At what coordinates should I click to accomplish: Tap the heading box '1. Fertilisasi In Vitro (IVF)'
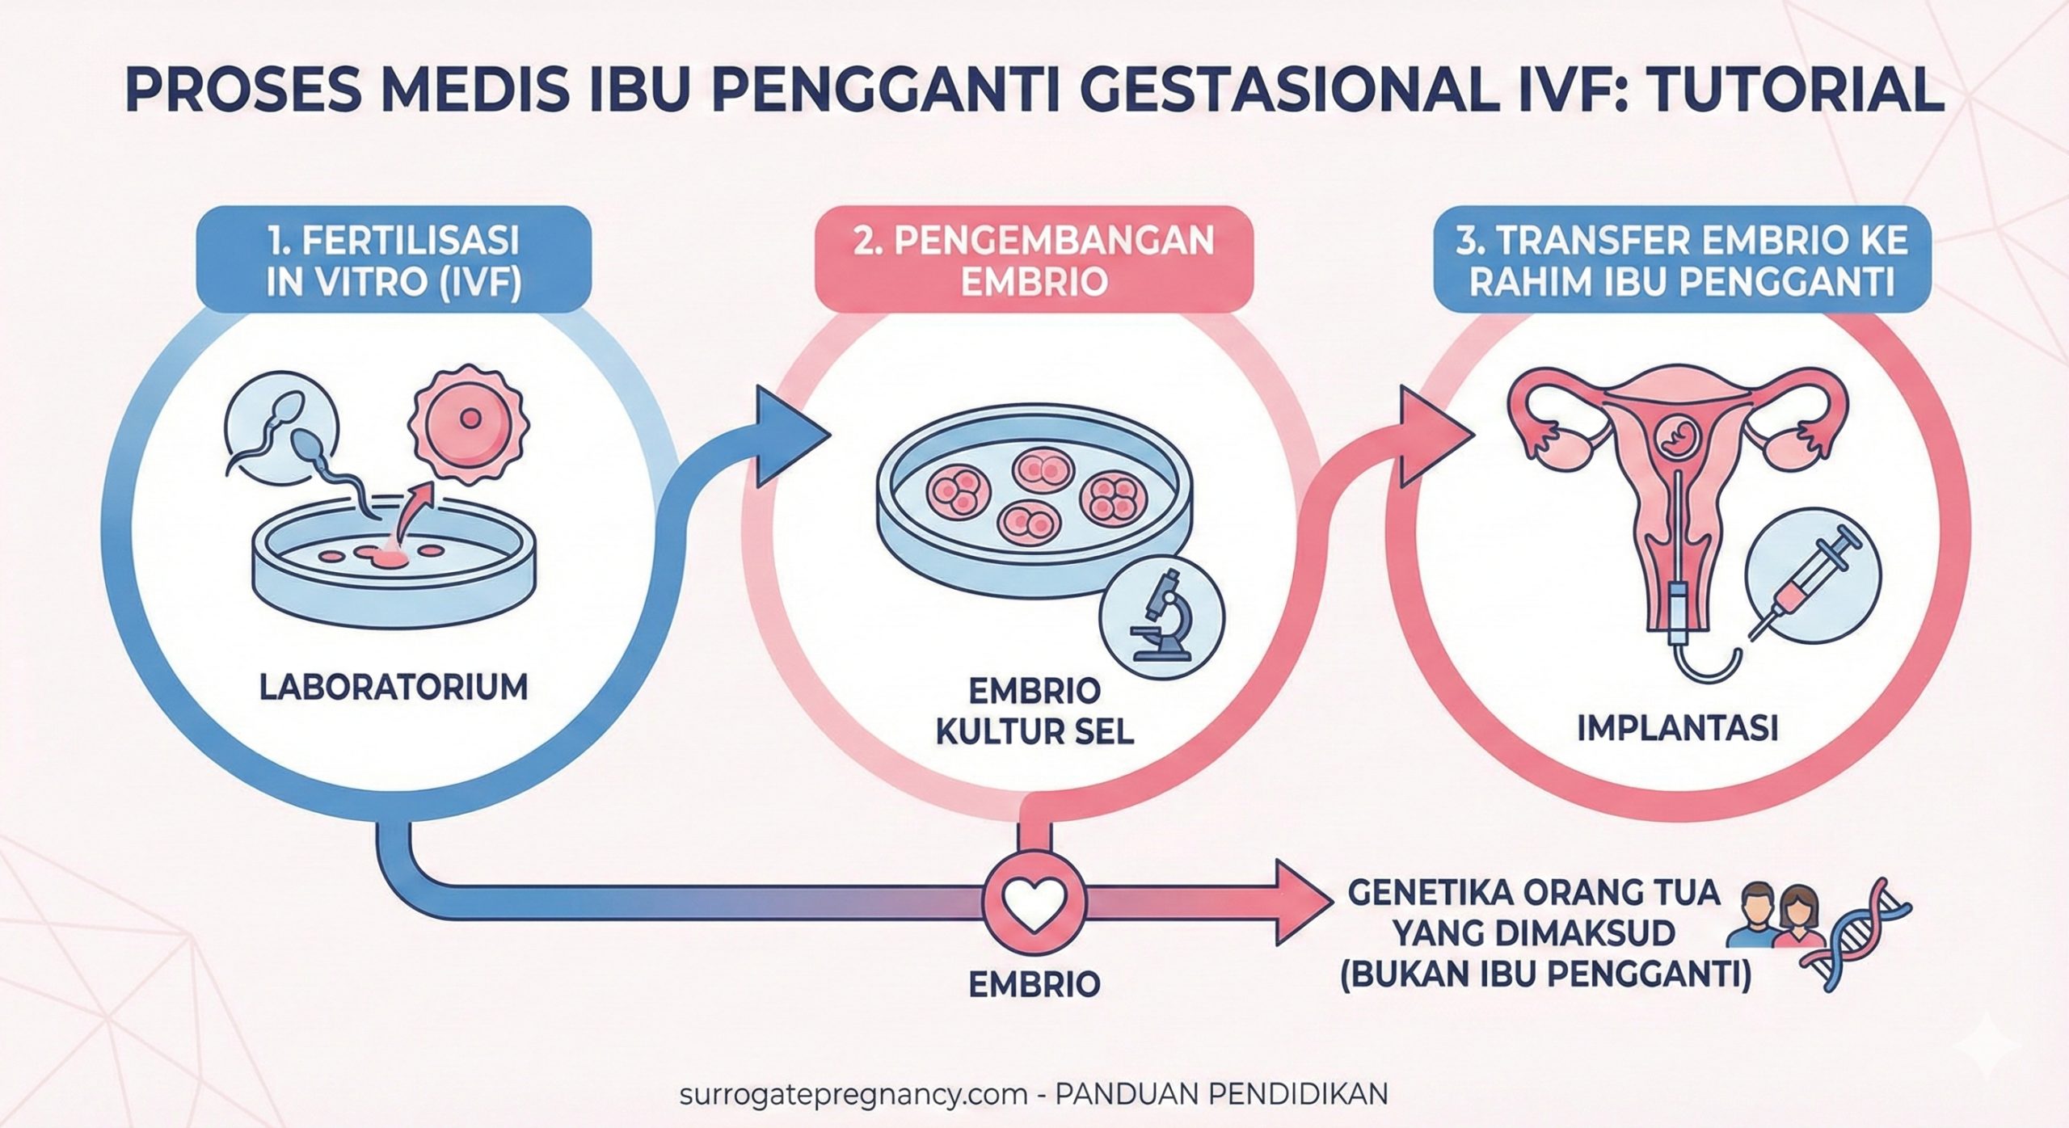tap(394, 260)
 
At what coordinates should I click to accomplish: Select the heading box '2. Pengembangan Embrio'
tap(1034, 260)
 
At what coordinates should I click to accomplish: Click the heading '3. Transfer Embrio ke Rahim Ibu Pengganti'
tap(1682, 260)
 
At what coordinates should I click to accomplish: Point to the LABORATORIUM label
tap(394, 687)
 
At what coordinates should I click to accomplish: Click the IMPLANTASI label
tap(1678, 728)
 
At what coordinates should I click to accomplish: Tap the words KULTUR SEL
tap(1034, 732)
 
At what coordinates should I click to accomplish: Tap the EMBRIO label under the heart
tap(1034, 984)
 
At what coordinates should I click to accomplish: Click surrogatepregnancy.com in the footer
tap(853, 1094)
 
